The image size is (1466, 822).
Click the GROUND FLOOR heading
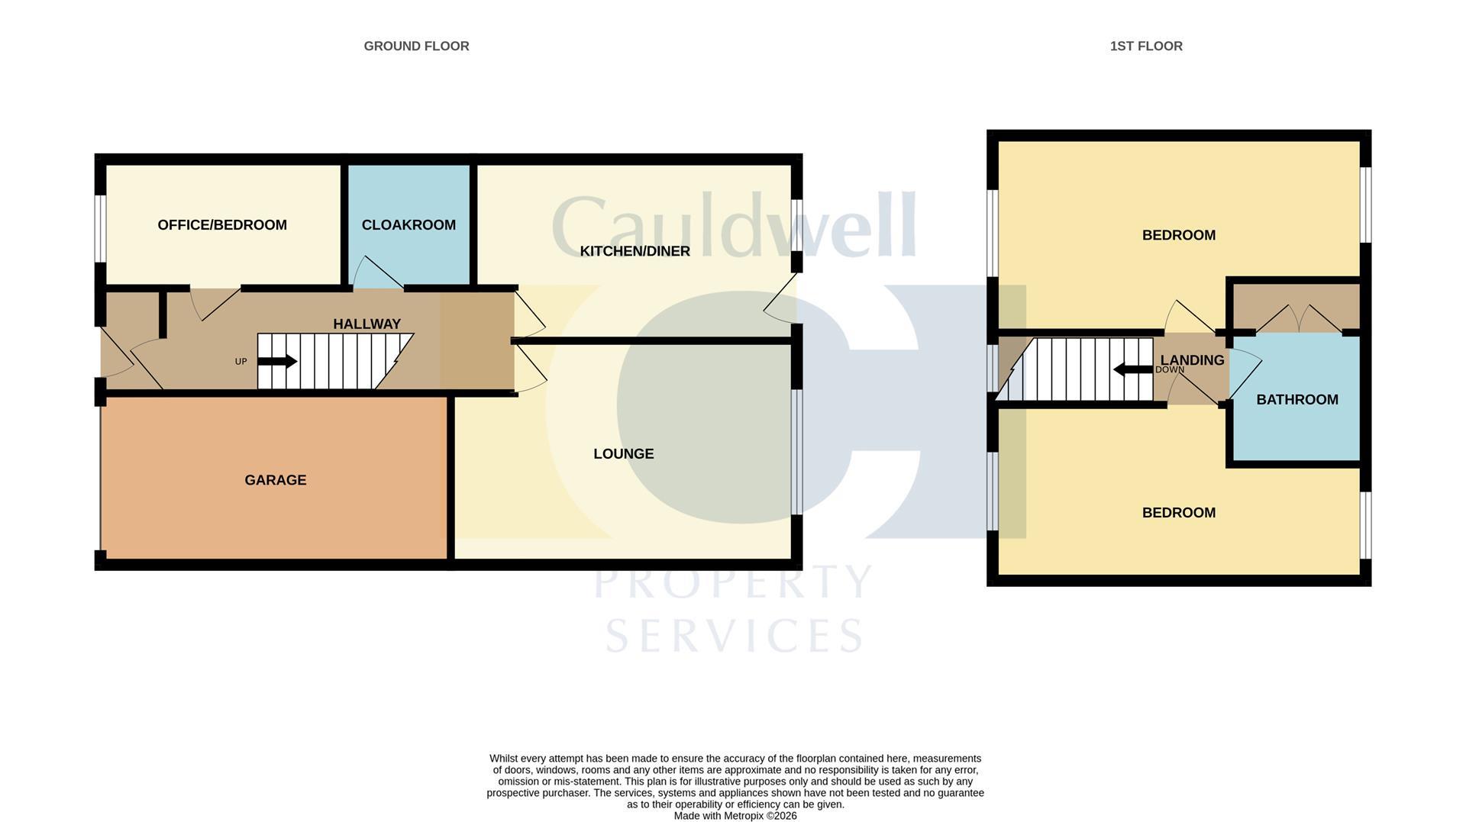pos(416,46)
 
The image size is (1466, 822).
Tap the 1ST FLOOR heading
pos(1146,46)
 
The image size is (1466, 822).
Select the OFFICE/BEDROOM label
pos(222,224)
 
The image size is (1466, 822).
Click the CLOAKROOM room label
pos(408,224)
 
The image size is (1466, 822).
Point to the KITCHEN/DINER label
pos(635,251)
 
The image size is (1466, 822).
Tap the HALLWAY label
pos(366,324)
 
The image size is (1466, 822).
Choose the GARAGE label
pos(275,480)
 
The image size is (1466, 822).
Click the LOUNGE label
pos(623,453)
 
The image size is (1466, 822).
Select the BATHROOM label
pos(1297,399)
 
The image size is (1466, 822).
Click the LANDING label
pos(1192,360)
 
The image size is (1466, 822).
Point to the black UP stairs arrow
pos(277,361)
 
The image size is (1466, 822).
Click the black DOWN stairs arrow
pos(1133,370)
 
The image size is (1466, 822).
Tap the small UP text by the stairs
pos(241,362)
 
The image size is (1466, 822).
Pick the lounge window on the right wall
pos(796,452)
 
